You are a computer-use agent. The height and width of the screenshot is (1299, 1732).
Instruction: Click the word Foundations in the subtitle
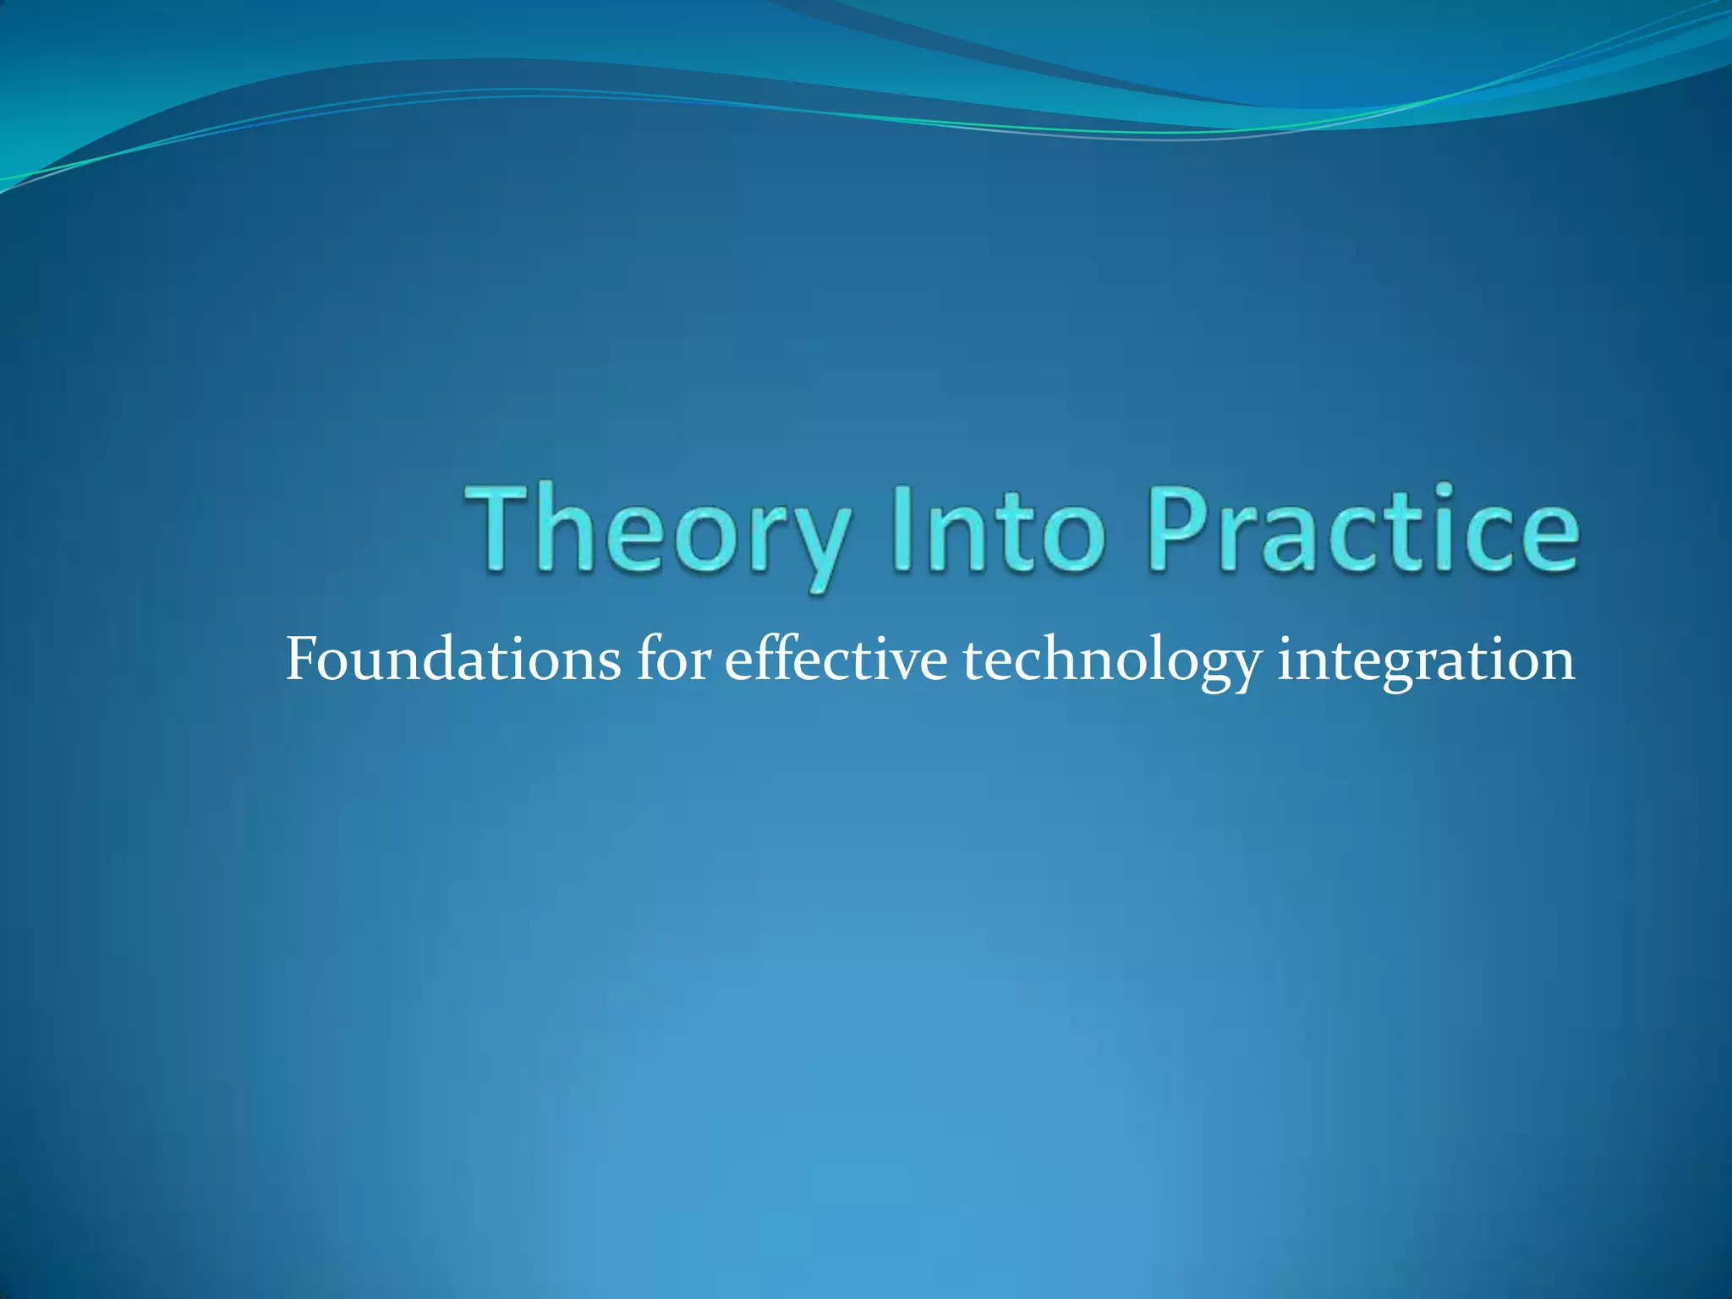[x=452, y=659]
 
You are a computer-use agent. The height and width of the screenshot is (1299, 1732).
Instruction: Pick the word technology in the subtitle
[x=1111, y=660]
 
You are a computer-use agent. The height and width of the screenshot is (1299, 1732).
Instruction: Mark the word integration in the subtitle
[x=1426, y=660]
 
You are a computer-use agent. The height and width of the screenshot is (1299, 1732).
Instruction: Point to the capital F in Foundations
[x=303, y=659]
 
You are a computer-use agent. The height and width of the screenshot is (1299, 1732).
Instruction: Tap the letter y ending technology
[x=1244, y=668]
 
